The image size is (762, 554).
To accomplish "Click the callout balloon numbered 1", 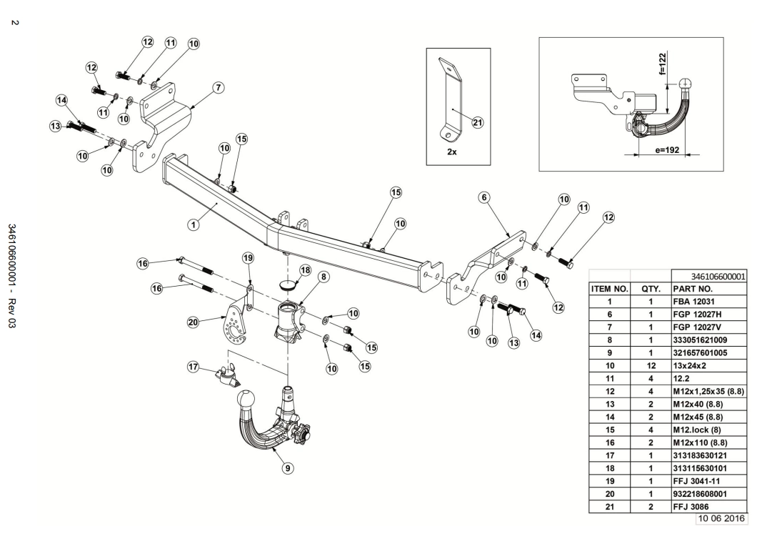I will [x=193, y=224].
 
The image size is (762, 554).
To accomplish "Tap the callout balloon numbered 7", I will [x=219, y=87].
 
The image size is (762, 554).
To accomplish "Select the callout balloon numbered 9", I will [x=287, y=468].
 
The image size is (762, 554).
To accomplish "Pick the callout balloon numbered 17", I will [x=192, y=367].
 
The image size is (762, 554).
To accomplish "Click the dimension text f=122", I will [x=663, y=64].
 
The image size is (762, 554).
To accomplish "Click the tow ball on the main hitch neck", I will [x=246, y=398].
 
